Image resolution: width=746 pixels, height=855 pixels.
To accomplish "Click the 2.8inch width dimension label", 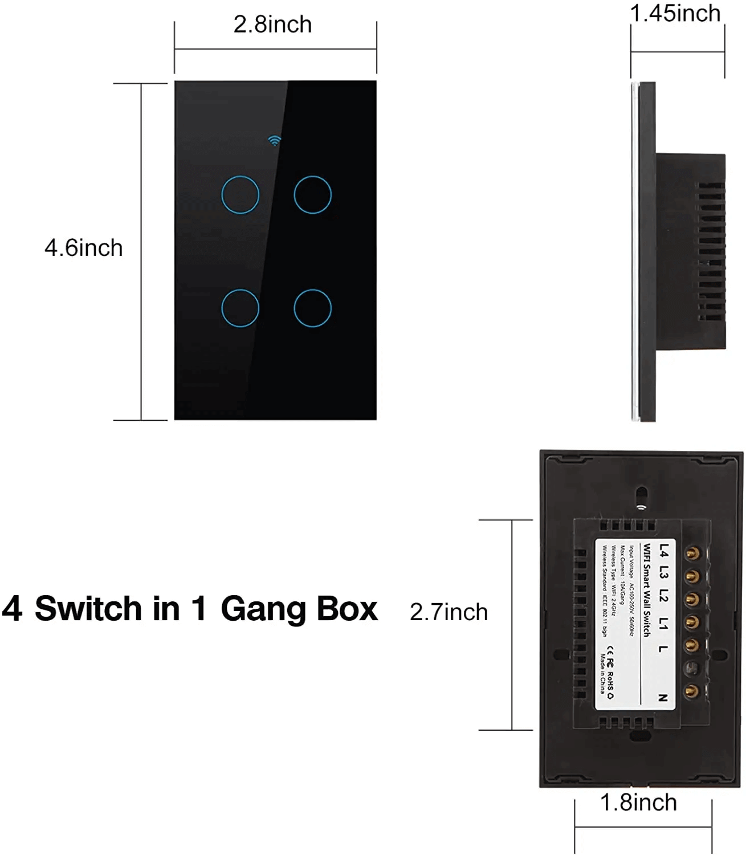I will [x=272, y=25].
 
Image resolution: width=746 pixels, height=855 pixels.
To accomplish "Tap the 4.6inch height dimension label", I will [x=84, y=248].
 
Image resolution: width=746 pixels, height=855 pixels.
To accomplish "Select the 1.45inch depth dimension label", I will [x=675, y=13].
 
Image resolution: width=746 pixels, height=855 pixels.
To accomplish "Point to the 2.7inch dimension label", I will [x=449, y=612].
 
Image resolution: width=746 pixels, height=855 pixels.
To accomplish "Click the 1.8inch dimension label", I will [x=638, y=803].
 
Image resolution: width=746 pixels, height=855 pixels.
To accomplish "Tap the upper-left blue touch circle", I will [x=240, y=195].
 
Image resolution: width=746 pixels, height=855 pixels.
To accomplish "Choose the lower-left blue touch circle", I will [x=240, y=308].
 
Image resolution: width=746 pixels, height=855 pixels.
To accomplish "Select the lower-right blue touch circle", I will [x=313, y=308].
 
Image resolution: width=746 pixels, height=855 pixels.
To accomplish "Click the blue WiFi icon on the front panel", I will [x=275, y=140].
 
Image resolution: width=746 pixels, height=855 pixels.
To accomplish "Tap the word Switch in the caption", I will [x=88, y=608].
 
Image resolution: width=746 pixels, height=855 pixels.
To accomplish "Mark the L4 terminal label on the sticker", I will [x=664, y=551].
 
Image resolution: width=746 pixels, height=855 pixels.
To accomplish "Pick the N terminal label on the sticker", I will [x=663, y=698].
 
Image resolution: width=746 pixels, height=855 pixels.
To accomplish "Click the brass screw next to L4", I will [x=692, y=553].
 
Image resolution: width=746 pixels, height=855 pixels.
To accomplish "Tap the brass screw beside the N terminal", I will [x=692, y=691].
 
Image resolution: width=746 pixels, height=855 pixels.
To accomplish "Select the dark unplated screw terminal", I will [x=691, y=668].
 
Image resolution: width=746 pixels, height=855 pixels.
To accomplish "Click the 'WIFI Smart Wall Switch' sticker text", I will [x=647, y=590].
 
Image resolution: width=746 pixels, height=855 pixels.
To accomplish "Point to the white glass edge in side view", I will [x=635, y=251].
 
